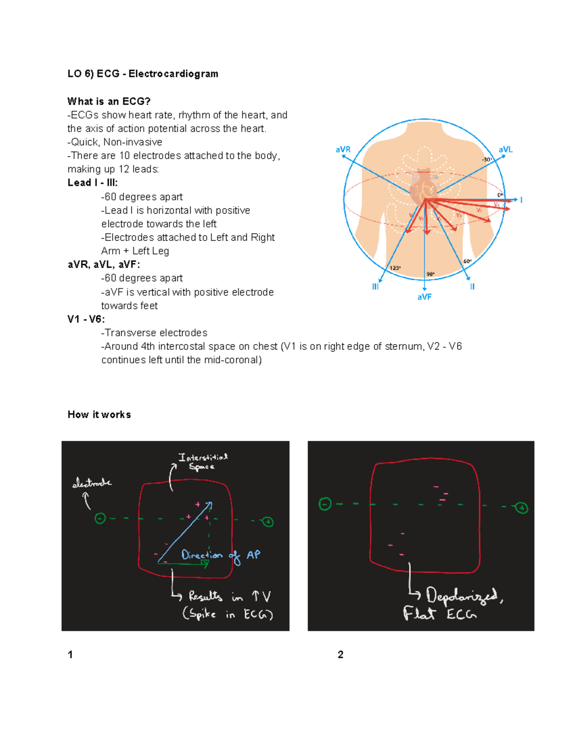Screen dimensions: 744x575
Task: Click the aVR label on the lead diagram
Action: click(343, 149)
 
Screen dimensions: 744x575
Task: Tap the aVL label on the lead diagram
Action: click(506, 149)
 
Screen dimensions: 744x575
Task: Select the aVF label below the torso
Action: click(424, 297)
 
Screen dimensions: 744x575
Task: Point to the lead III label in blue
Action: click(375, 286)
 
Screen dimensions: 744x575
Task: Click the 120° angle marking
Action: click(395, 268)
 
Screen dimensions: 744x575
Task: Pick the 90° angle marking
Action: click(430, 274)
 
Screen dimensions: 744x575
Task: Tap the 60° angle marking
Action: click(467, 261)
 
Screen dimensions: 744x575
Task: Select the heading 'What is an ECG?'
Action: click(109, 102)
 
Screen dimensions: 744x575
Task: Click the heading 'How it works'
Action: click(99, 415)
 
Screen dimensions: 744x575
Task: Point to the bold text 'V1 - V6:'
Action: click(86, 319)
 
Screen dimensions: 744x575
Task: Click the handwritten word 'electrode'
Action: click(92, 483)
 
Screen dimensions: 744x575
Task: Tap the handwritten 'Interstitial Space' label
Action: click(203, 462)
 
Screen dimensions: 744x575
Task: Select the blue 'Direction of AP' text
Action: click(220, 555)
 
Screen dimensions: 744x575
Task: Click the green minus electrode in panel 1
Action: click(100, 518)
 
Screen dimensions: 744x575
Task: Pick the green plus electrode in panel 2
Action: click(521, 508)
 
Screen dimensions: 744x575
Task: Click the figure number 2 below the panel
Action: click(340, 655)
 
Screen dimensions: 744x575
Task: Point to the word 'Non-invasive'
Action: click(133, 142)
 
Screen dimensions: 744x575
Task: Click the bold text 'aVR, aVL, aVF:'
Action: click(103, 264)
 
